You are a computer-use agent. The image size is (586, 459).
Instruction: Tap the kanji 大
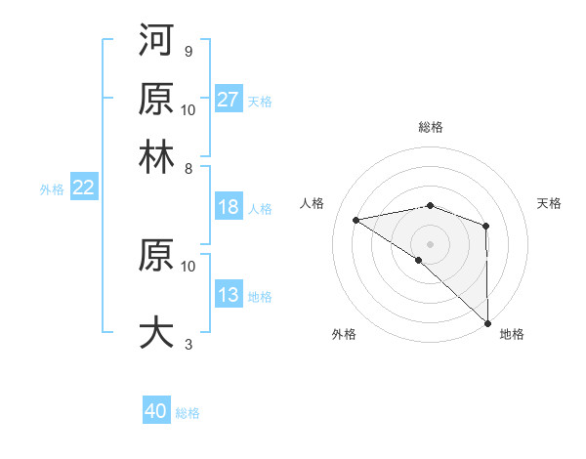(x=157, y=332)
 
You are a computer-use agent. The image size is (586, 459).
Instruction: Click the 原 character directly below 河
(x=157, y=98)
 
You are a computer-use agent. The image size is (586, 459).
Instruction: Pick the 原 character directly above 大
(x=157, y=255)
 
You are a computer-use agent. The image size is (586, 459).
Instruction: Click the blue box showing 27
(x=229, y=100)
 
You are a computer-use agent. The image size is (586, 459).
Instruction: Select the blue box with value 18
(x=229, y=207)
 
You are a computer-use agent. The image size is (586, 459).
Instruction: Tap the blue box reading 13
(x=229, y=296)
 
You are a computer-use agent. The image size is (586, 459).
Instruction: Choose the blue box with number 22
(x=83, y=188)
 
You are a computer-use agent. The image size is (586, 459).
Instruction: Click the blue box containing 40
(x=156, y=412)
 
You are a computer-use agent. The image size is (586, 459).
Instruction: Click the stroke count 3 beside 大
(x=188, y=344)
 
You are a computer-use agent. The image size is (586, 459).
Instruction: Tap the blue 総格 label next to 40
(x=188, y=413)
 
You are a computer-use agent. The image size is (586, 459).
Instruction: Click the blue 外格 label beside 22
(x=51, y=189)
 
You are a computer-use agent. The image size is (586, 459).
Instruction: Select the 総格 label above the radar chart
(x=430, y=127)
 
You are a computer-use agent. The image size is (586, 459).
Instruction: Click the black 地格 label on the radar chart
(x=512, y=334)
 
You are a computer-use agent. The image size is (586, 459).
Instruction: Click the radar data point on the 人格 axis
(x=356, y=220)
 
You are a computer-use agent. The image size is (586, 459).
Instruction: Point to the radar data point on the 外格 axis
(x=419, y=260)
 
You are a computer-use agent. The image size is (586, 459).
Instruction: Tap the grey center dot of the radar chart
(x=430, y=243)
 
